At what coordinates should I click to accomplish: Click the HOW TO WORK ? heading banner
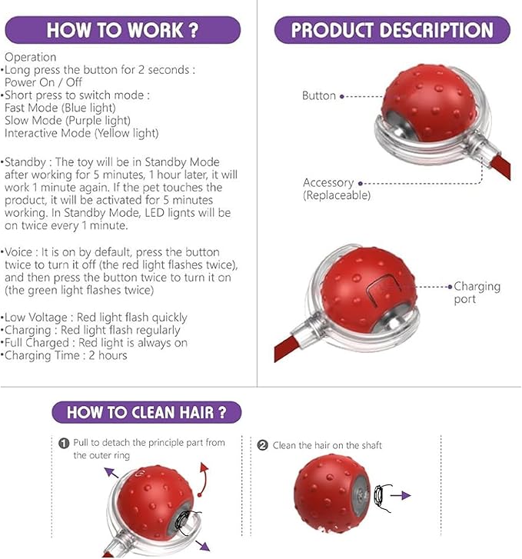coord(123,30)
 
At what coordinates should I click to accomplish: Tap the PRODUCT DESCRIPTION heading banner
coord(392,30)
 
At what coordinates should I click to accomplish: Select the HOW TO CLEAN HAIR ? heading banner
coord(147,412)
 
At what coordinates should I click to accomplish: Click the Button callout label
coord(319,95)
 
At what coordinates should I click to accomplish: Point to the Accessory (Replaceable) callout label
coord(337,189)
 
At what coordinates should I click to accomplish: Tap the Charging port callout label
coord(477,292)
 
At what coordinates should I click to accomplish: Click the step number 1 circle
coord(64,444)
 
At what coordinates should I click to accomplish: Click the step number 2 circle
coord(263,445)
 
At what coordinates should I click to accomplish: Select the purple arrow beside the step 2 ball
coord(401,495)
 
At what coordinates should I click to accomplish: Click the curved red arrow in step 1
coord(204,480)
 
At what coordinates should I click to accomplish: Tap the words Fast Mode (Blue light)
coord(60,108)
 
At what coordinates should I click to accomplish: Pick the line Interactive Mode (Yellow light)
coord(81,133)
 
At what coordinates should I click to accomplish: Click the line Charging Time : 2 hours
coord(66,355)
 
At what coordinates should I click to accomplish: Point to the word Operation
coord(30,57)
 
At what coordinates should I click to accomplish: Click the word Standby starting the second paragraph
coord(25,162)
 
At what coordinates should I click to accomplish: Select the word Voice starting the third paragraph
coord(18,252)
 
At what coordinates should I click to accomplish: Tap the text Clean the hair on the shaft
coord(327,445)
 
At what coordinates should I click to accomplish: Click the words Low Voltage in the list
coord(36,318)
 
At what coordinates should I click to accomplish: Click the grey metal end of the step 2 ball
coord(361,494)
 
